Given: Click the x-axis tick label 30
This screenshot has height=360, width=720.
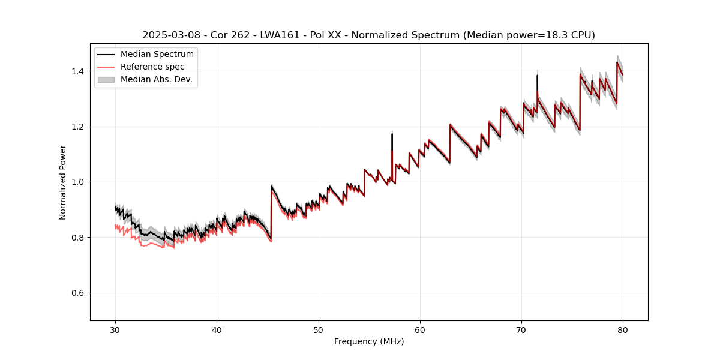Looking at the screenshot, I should (115, 329).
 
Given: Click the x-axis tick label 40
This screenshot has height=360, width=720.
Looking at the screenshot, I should (217, 329).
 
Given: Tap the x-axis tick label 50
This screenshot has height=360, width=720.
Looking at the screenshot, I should (318, 329).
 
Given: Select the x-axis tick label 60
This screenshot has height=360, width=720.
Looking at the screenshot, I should (419, 329).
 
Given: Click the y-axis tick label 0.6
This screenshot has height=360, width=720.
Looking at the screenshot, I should (77, 293).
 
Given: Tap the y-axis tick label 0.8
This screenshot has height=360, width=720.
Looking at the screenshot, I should (77, 238).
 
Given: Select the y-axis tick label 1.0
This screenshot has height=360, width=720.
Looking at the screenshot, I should (77, 182).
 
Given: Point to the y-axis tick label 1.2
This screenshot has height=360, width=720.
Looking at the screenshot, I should (77, 127).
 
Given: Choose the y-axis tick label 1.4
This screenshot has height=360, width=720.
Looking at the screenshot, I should (77, 71).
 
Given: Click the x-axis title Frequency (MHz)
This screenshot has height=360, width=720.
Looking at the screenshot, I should (369, 341).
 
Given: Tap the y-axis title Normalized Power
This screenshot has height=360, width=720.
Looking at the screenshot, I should (63, 182).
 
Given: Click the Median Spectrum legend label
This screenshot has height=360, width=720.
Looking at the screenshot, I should (157, 55).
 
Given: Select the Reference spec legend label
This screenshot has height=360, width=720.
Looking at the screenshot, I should (152, 67).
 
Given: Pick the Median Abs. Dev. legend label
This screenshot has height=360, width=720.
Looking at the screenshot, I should (156, 79).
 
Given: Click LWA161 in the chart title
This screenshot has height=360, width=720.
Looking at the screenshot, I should (280, 35).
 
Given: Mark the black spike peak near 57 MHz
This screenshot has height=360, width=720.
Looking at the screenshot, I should (392, 134).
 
